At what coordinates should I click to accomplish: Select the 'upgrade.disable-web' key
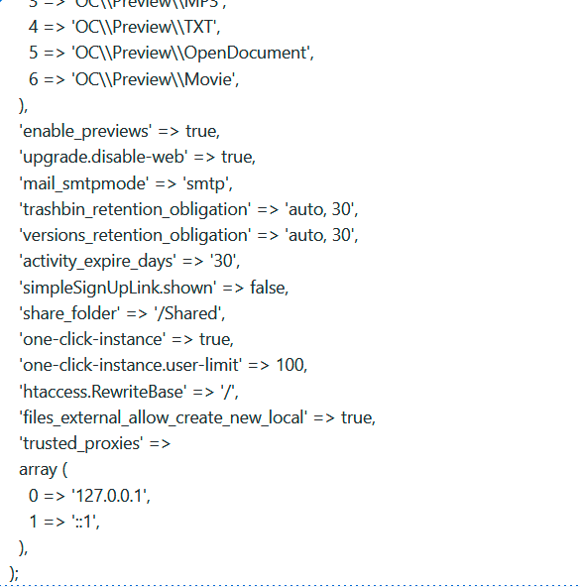click(x=103, y=158)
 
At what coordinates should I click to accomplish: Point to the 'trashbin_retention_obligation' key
click(x=134, y=209)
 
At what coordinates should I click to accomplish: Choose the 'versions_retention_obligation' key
click(x=134, y=235)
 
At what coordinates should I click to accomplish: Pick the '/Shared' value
click(x=193, y=312)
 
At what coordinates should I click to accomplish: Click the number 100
click(x=291, y=365)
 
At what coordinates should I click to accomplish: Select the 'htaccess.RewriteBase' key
click(x=102, y=391)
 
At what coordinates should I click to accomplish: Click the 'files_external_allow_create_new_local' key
click(x=165, y=416)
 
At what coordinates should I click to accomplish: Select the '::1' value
click(x=86, y=521)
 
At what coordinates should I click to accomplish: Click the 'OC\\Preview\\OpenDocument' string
click(x=192, y=54)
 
